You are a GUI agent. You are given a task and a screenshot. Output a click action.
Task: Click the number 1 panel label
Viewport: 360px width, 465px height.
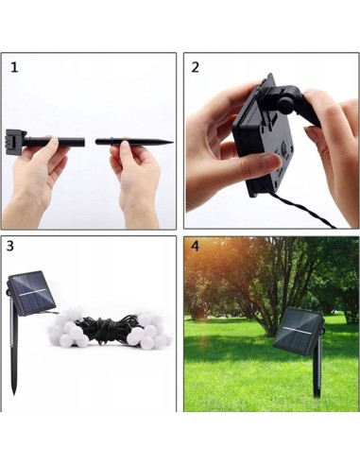point(14,68)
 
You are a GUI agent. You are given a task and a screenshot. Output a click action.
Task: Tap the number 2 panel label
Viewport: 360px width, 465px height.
point(196,67)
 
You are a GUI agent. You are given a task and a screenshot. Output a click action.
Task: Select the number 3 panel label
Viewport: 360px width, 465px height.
point(10,246)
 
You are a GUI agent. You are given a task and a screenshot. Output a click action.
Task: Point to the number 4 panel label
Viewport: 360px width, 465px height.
point(196,246)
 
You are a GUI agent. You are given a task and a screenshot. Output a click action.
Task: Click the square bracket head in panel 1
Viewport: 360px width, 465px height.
point(14,142)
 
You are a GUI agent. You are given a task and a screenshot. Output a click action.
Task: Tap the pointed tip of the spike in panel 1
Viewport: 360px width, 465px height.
point(173,143)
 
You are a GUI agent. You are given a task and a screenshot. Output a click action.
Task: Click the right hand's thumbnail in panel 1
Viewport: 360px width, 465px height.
point(125,145)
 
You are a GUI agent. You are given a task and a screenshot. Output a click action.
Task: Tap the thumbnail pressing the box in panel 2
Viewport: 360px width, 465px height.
point(274,161)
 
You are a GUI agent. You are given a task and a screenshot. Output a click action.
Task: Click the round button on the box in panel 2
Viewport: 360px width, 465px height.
point(284,147)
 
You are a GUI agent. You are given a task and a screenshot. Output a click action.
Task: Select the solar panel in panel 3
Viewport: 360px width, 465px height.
point(31,293)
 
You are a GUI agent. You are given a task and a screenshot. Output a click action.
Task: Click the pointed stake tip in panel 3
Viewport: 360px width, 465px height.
point(13,391)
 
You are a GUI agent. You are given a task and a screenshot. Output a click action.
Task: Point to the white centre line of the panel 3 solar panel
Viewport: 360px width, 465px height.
point(32,293)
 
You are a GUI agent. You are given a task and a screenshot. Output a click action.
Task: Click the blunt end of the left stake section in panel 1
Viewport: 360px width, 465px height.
point(83,142)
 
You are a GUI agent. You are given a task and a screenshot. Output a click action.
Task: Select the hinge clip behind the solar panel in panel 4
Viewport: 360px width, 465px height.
point(322,329)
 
